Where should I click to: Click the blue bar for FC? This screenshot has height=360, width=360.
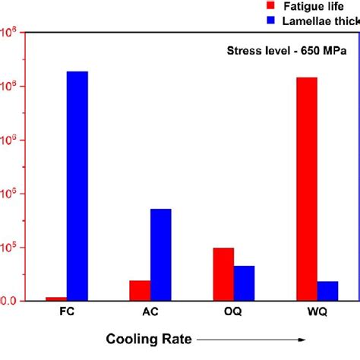77,186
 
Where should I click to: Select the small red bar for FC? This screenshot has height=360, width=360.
56,298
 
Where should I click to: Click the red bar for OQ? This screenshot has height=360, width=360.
223,274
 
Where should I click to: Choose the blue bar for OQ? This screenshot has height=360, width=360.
244,283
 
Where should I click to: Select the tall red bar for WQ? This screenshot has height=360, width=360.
307,189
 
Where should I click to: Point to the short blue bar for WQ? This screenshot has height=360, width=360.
327,291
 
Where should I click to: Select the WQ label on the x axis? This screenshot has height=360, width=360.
317,313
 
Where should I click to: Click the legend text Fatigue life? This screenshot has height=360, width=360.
309,7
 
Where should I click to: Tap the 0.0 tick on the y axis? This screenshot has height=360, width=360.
8,302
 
